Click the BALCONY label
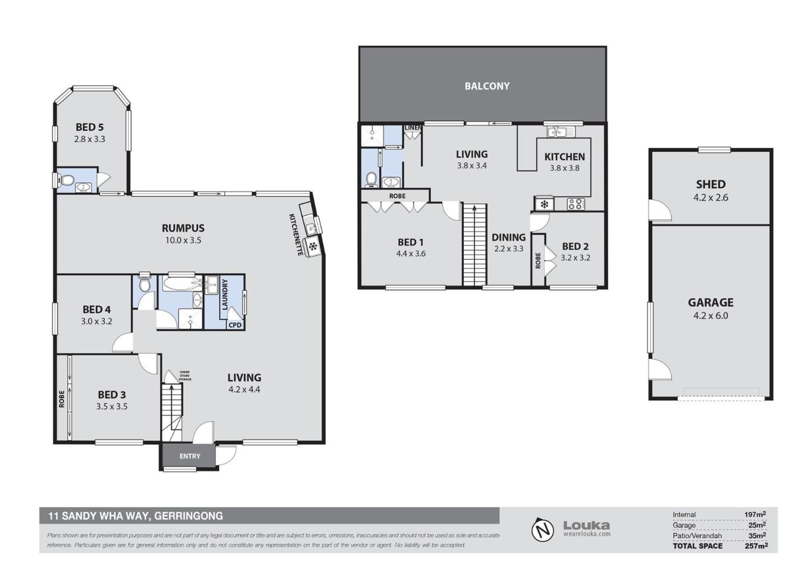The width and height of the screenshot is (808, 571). (x=487, y=86)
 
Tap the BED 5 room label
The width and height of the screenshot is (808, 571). (x=90, y=127)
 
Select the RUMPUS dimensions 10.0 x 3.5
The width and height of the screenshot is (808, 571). (x=183, y=240)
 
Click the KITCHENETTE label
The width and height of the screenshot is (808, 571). (x=296, y=234)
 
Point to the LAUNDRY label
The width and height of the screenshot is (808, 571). (x=225, y=295)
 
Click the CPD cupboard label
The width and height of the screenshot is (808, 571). (x=235, y=325)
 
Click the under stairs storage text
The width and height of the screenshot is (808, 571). (x=185, y=376)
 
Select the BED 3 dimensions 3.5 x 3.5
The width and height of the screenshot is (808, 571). (x=112, y=406)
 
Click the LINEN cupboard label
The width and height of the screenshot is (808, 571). (x=413, y=127)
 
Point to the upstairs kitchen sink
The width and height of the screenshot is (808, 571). (x=561, y=132)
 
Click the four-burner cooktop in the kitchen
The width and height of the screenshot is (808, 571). (x=576, y=204)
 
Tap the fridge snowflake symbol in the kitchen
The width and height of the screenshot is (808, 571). (x=544, y=204)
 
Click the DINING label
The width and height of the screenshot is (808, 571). (x=508, y=237)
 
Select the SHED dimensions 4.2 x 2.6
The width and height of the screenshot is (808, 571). (x=710, y=197)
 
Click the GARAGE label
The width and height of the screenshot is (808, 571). (x=710, y=303)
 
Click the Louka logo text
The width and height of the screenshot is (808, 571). (x=587, y=525)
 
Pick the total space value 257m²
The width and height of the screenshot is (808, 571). (x=756, y=546)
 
